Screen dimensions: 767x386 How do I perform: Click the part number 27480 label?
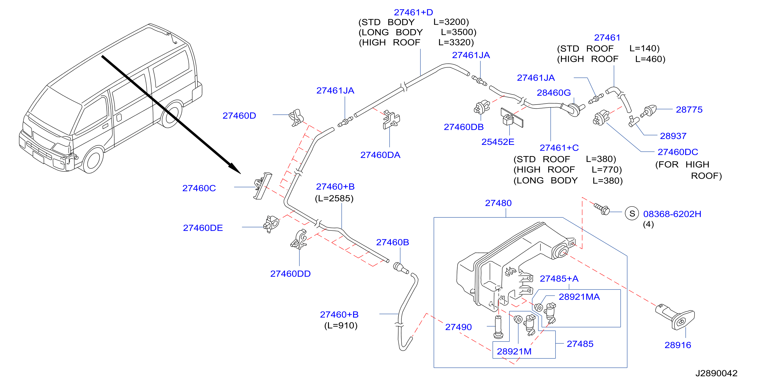(x=498, y=203)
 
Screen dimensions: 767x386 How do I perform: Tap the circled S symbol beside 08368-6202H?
(x=632, y=213)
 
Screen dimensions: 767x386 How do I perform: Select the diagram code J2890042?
(x=716, y=373)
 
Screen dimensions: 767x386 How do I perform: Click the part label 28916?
(x=678, y=345)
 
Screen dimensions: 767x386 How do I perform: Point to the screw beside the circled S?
(x=602, y=209)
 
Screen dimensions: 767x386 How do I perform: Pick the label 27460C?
(x=199, y=188)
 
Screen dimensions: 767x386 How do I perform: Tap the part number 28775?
(x=689, y=110)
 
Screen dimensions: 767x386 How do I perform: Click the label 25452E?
(x=498, y=142)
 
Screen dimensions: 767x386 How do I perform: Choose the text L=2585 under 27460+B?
(x=334, y=198)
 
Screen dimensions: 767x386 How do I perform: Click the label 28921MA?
(x=579, y=297)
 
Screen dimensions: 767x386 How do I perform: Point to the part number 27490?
(x=458, y=327)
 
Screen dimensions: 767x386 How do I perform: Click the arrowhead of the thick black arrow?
(x=235, y=169)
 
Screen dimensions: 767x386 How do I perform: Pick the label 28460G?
(x=554, y=93)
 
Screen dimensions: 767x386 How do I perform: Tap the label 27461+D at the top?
(x=413, y=12)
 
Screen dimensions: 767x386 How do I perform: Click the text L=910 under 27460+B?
(x=341, y=325)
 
